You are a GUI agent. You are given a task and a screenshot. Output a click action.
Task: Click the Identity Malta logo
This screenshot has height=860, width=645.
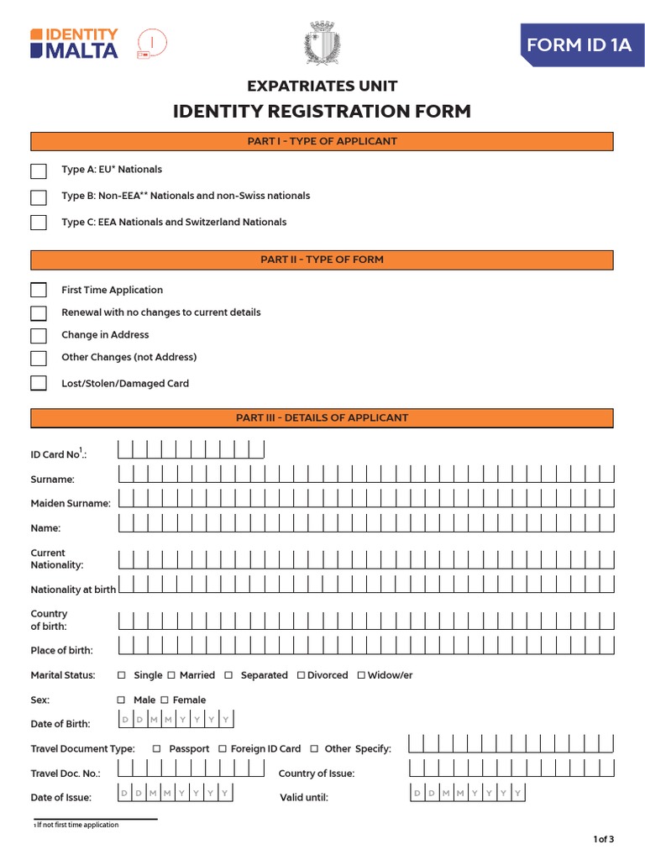pyautogui.click(x=74, y=43)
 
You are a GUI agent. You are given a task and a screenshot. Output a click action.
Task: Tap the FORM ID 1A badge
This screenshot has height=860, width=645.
pyautogui.click(x=578, y=45)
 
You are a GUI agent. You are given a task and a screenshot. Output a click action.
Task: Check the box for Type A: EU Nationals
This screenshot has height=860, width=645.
pyautogui.click(x=39, y=171)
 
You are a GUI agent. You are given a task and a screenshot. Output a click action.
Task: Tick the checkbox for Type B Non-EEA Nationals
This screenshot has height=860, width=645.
pyautogui.click(x=39, y=197)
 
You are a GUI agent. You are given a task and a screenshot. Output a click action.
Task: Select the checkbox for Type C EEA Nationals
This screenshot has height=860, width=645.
pyautogui.click(x=39, y=223)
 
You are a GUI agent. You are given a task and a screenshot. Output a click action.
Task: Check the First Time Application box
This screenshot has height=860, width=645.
pyautogui.click(x=39, y=291)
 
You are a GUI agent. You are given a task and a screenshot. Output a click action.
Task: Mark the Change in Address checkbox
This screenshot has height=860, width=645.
pyautogui.click(x=39, y=336)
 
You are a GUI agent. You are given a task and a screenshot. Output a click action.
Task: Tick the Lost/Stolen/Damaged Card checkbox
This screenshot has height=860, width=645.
pyautogui.click(x=39, y=384)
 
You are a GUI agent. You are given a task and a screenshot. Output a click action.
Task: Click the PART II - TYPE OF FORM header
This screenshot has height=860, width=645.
pyautogui.click(x=322, y=260)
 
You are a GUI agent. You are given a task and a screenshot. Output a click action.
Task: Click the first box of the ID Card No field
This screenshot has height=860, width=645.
pyautogui.click(x=126, y=450)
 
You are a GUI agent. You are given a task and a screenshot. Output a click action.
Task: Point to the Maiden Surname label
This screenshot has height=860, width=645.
pyautogui.click(x=71, y=504)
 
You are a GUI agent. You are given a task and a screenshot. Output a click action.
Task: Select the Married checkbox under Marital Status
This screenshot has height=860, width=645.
pyautogui.click(x=171, y=675)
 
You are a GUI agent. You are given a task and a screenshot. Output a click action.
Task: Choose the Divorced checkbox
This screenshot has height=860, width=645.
pyautogui.click(x=301, y=675)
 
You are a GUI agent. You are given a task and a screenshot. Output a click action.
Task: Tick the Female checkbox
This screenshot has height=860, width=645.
pyautogui.click(x=165, y=700)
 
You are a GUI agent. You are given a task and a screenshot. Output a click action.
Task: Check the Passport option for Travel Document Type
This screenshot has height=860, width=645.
pyautogui.click(x=157, y=748)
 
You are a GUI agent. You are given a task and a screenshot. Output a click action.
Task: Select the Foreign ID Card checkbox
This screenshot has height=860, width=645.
pyautogui.click(x=223, y=748)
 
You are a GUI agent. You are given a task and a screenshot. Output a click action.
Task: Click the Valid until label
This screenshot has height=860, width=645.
pyautogui.click(x=303, y=797)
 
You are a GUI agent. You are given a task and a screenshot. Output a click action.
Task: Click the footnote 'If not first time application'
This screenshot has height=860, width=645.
pyautogui.click(x=77, y=825)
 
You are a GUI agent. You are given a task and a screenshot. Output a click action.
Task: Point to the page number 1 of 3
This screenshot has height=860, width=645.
pyautogui.click(x=604, y=839)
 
